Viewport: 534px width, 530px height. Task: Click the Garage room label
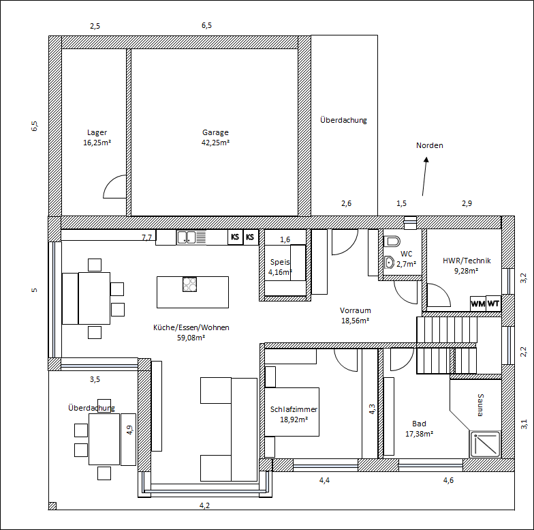tap(215, 132)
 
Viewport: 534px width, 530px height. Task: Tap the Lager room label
tap(97, 132)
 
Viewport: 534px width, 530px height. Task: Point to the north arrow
tap(425, 176)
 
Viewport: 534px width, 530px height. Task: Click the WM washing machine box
tap(478, 304)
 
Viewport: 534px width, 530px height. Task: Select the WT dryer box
tap(493, 303)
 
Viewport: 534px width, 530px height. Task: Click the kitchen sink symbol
tap(191, 237)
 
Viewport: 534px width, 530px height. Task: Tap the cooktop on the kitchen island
tap(189, 284)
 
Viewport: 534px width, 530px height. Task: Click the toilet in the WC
tap(392, 241)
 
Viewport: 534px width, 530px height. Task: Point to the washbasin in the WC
tap(389, 263)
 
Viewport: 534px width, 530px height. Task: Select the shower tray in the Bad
tap(485, 445)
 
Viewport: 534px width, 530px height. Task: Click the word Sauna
tap(480, 405)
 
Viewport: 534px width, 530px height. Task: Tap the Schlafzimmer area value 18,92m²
tap(294, 419)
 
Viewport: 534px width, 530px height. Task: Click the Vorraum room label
tap(356, 310)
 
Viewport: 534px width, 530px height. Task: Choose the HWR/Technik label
tap(467, 261)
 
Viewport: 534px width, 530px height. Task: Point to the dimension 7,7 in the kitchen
tap(147, 237)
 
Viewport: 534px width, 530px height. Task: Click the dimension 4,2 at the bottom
tap(204, 505)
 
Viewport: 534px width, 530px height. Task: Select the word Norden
tap(429, 145)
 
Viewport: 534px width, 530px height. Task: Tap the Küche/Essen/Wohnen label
tap(191, 327)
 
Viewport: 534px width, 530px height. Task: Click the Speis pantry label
tap(280, 262)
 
